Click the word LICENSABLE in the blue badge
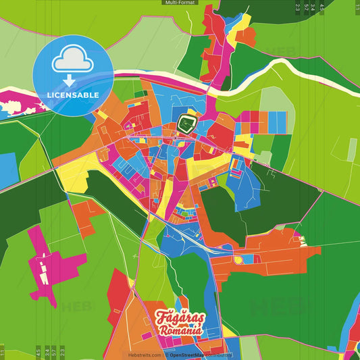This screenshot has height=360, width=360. pyautogui.click(x=72, y=95)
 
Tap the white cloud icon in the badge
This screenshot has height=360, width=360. pyautogui.click(x=72, y=61)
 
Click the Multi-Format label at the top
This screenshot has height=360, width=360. pyautogui.click(x=180, y=3)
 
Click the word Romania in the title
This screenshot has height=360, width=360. pyautogui.click(x=180, y=330)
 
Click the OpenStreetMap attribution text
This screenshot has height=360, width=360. pyautogui.click(x=193, y=355)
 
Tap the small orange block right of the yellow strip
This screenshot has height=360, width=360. pyautogui.click(x=246, y=35)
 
